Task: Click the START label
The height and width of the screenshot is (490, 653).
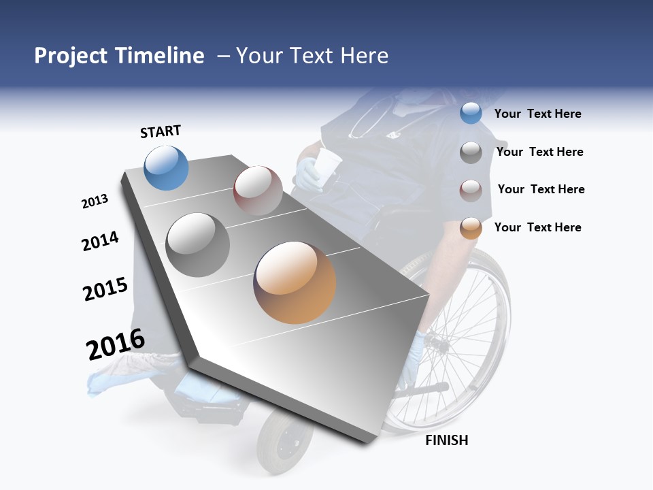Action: tap(161, 131)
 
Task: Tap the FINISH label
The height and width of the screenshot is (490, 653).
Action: tap(447, 440)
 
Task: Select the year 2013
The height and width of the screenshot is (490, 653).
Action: tap(95, 201)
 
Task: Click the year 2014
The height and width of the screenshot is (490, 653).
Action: tap(100, 241)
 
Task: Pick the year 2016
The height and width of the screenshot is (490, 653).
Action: tap(116, 344)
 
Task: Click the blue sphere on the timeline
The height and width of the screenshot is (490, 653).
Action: tap(167, 167)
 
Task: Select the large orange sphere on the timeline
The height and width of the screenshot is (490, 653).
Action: tap(295, 282)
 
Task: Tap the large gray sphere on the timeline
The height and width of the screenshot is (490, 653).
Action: tap(198, 245)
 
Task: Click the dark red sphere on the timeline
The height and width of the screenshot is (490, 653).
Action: tap(258, 191)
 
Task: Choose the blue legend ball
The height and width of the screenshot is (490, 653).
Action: tap(471, 114)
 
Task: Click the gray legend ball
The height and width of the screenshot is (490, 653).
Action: tap(471, 152)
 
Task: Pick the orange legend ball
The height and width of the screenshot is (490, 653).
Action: tap(471, 228)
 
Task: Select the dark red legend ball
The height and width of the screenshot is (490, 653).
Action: tap(471, 190)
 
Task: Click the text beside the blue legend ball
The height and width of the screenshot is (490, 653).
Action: tap(537, 114)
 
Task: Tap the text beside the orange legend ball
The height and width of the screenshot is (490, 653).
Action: tap(537, 227)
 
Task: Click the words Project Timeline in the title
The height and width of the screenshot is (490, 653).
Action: tap(119, 56)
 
